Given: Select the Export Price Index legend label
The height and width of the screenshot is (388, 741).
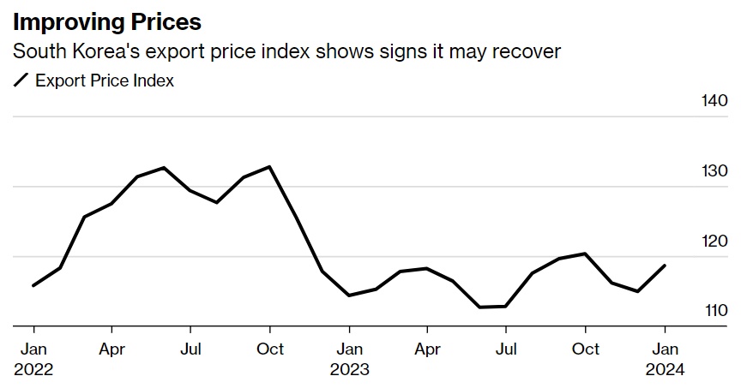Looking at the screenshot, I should coord(105,81).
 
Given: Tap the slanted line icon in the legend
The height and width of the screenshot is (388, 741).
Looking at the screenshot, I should coord(21,81).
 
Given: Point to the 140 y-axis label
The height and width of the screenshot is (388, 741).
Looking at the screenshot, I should coord(714,101).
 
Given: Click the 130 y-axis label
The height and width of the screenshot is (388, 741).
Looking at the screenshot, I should coord(714,171).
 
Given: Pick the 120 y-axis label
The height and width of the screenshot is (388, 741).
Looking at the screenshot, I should coord(714,242).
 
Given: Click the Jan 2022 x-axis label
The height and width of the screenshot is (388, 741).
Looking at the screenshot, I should coord(33,359).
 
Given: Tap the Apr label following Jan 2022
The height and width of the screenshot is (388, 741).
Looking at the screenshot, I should coord(111,349).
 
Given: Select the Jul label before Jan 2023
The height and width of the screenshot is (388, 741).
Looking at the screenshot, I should coord(190,349).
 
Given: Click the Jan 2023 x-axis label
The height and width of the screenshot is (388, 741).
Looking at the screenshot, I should coord(349,359).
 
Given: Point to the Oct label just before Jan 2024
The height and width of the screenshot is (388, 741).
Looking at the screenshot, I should coord(585,349).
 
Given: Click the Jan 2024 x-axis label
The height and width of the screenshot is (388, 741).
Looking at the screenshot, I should coord(665,359).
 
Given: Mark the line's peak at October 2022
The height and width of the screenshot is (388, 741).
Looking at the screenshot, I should coord(270,167).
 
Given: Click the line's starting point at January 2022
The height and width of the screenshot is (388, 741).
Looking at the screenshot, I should coord(33,285).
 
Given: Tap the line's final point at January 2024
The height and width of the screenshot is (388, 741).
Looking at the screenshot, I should coord(665,266).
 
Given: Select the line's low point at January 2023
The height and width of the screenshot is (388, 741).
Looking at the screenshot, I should coord(349,295).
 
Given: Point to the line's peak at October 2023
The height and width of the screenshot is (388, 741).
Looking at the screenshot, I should coord(585,254).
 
